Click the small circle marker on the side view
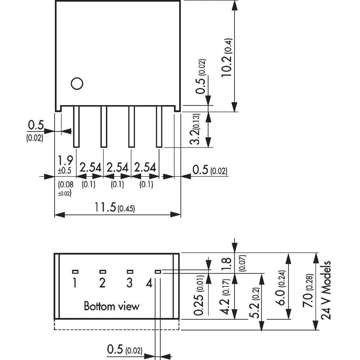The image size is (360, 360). [77, 84]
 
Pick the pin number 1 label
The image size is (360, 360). [74, 283]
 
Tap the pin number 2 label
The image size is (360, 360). [102, 283]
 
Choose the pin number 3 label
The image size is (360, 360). [130, 283]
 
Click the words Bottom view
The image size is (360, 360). [111, 306]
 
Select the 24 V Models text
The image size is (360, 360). [327, 290]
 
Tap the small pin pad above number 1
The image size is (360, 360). [75, 271]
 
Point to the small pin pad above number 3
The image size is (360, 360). [130, 271]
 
